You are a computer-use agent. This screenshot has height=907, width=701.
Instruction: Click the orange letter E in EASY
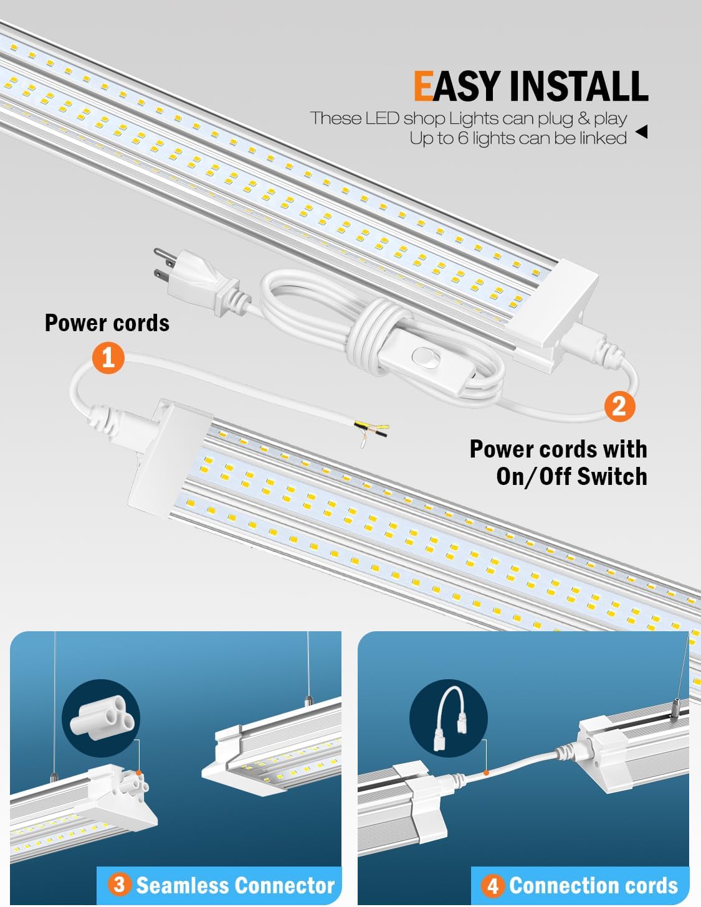[424, 86]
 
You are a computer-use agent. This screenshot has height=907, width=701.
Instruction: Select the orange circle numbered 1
[108, 358]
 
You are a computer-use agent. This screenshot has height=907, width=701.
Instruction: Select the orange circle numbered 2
[619, 406]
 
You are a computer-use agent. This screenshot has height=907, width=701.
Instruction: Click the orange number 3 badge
[120, 885]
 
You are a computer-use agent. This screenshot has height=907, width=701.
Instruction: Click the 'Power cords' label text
[107, 323]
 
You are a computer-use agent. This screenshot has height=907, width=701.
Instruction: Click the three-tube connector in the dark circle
[100, 718]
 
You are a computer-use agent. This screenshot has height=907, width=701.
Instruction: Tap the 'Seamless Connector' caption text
[235, 885]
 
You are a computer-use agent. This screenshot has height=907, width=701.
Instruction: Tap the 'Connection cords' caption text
[593, 885]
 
